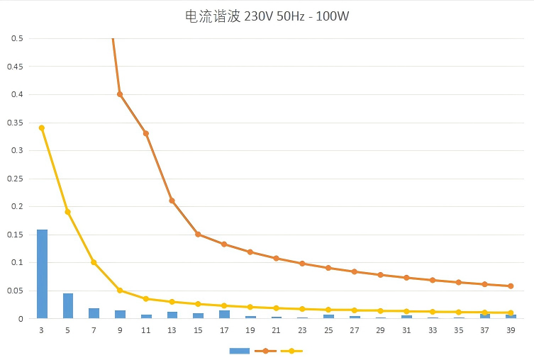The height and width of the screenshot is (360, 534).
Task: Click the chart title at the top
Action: coord(267,16)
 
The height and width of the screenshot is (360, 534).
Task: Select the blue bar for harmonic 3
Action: coord(42,274)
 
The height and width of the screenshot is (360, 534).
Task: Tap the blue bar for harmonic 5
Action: coord(68,306)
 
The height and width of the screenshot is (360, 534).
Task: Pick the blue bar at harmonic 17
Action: coord(224,315)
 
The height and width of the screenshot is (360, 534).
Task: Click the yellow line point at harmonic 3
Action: coord(42,128)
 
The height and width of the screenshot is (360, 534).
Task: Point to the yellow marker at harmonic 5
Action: coord(68,212)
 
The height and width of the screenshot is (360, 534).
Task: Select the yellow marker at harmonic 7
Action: coord(94,262)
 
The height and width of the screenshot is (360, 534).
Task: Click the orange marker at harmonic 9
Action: coord(120,94)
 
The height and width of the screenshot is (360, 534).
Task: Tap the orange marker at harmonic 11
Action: coord(146,133)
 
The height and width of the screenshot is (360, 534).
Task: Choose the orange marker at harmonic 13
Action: coord(172,201)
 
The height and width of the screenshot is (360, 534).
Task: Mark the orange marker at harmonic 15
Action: coord(198,235)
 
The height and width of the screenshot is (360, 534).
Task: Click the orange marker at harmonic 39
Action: coord(511,286)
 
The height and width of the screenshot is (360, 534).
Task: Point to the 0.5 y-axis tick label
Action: coord(17,38)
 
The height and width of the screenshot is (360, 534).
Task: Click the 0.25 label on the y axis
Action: coord(15,179)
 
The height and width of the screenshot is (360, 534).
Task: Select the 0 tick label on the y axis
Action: coord(21,319)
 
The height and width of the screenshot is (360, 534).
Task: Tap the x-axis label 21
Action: coord(276,330)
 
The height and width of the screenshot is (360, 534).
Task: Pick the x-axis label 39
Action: coord(511,330)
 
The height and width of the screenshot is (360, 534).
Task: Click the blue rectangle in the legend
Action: coord(240,351)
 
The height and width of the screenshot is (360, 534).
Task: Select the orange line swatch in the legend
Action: coord(265,351)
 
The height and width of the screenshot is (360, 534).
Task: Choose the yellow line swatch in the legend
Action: coord(291,351)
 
